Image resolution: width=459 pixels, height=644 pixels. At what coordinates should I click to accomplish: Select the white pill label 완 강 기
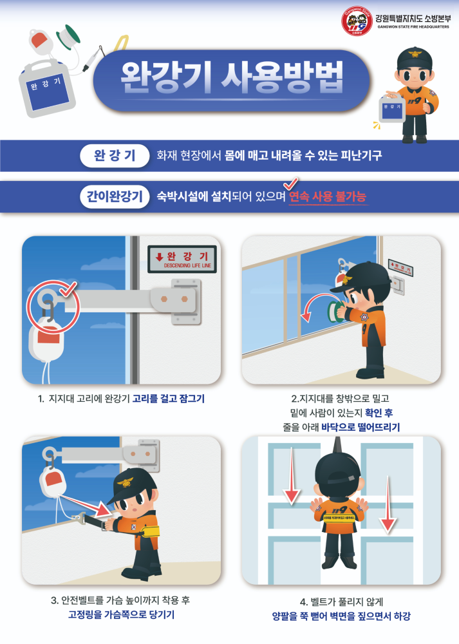click(x=115, y=155)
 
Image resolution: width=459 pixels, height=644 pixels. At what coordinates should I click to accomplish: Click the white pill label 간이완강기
click(x=111, y=196)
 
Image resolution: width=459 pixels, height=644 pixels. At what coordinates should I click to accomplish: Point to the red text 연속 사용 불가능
click(x=328, y=196)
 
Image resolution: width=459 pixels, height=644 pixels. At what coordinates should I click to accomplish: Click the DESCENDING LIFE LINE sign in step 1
click(x=182, y=258)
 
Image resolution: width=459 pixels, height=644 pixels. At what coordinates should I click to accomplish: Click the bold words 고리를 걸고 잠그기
click(x=168, y=399)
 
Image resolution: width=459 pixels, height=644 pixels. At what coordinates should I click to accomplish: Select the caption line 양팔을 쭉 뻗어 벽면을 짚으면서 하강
click(x=341, y=616)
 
